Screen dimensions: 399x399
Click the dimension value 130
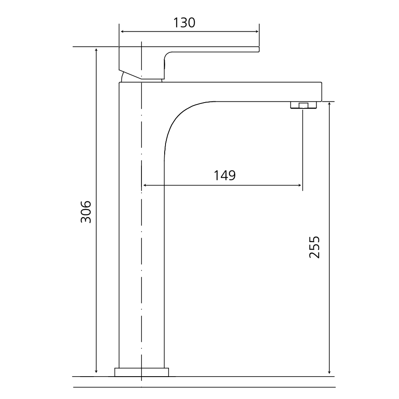click(x=185, y=23)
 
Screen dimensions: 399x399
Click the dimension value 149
click(x=224, y=175)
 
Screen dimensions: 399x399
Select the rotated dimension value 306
click(x=86, y=212)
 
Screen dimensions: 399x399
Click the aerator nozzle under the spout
click(x=303, y=106)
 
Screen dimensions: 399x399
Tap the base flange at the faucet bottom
click(x=141, y=372)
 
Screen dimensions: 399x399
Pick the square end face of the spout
click(x=320, y=92)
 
